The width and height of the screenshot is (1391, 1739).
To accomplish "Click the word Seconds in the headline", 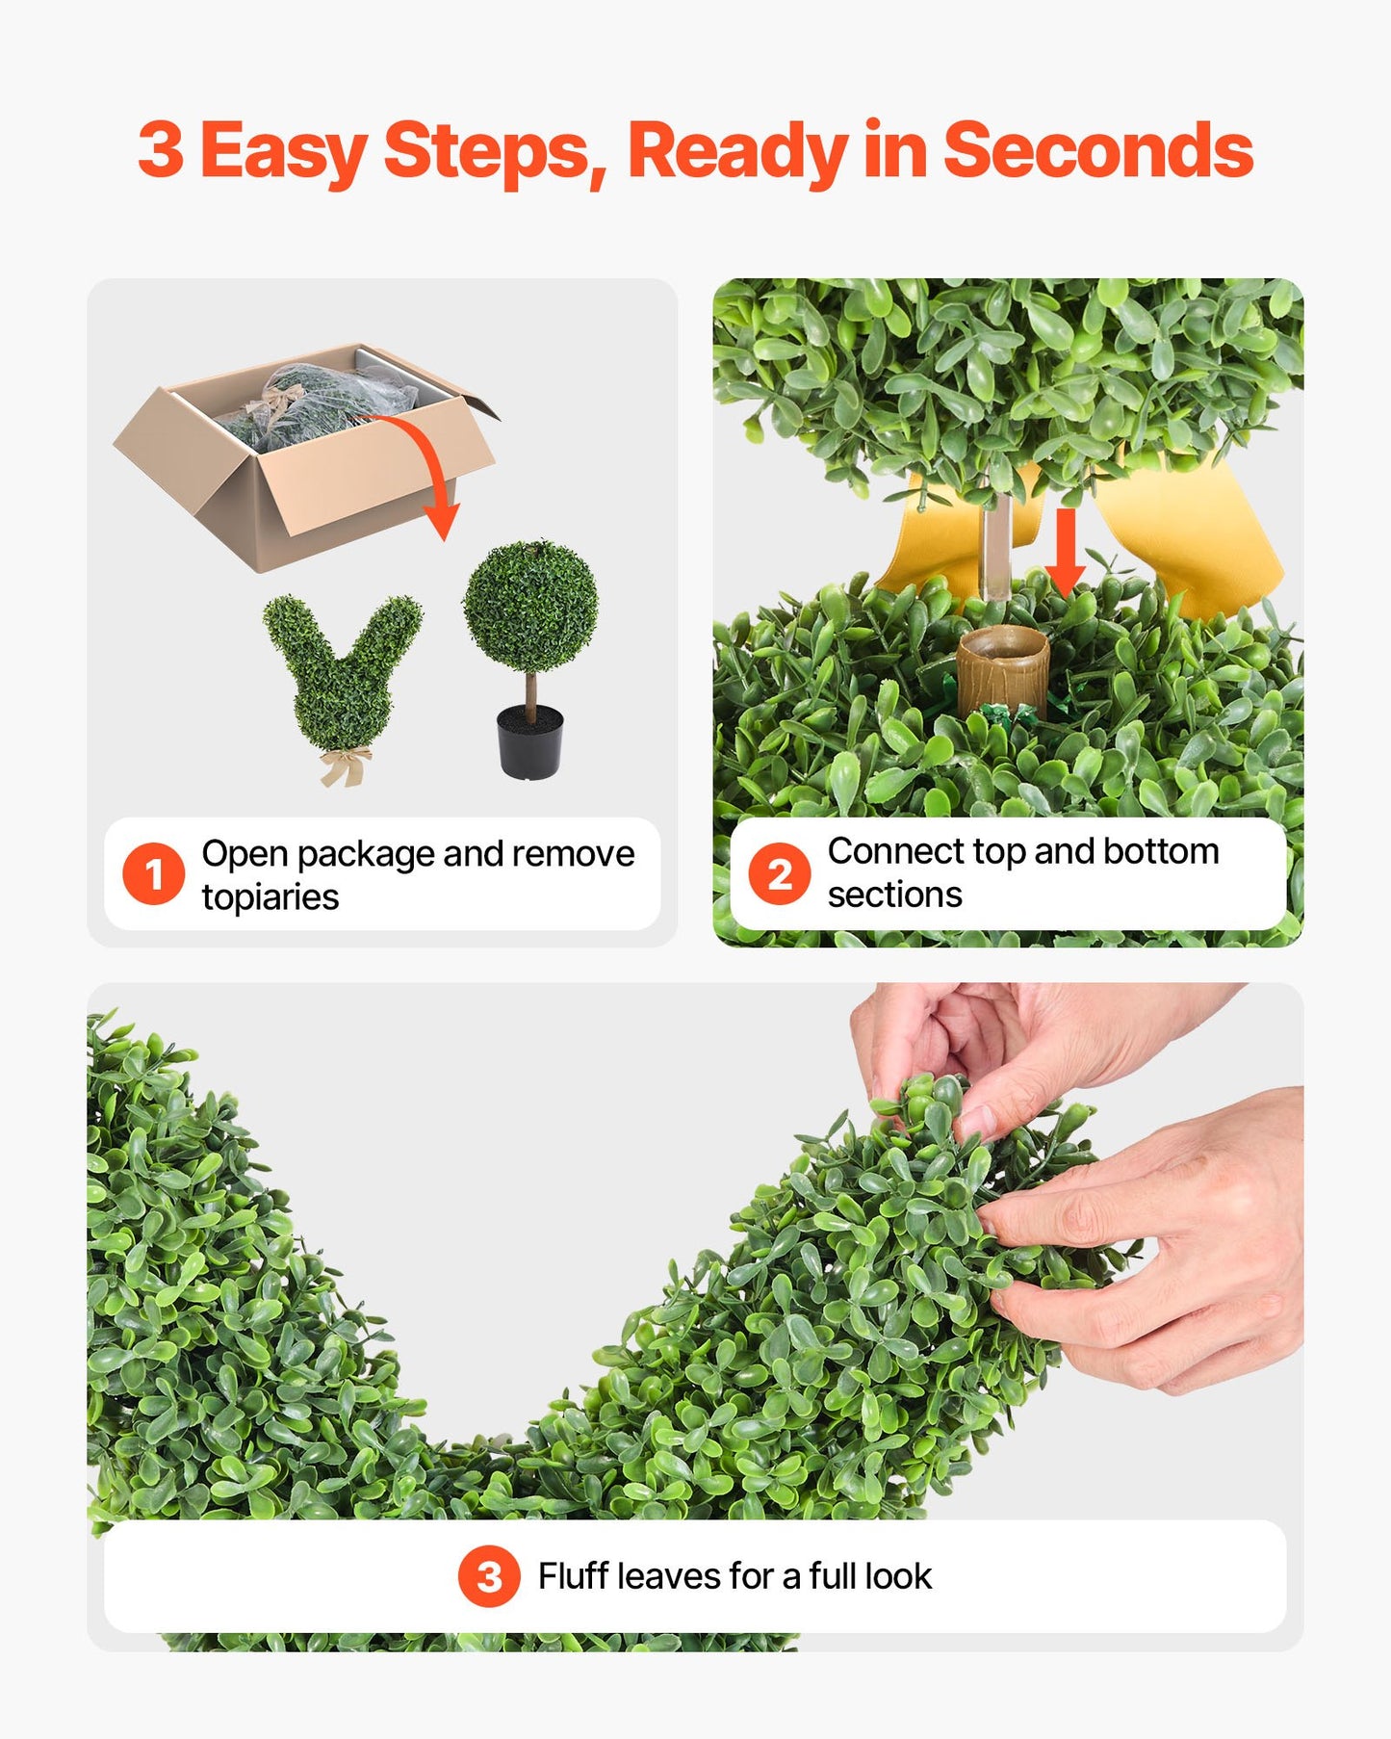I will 1097,150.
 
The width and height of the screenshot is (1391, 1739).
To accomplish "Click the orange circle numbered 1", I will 153,873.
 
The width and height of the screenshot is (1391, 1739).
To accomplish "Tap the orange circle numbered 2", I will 779,873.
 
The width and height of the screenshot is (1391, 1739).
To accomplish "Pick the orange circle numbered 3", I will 489,1576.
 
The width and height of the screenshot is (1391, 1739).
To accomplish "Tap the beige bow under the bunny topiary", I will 345,766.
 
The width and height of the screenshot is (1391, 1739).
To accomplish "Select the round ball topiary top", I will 529,607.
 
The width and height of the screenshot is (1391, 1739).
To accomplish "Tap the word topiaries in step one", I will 270,897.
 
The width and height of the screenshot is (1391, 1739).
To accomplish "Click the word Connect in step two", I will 895,851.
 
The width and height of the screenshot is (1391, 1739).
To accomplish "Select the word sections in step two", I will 894,895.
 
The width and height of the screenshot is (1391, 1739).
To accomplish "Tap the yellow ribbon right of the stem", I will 1189,539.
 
